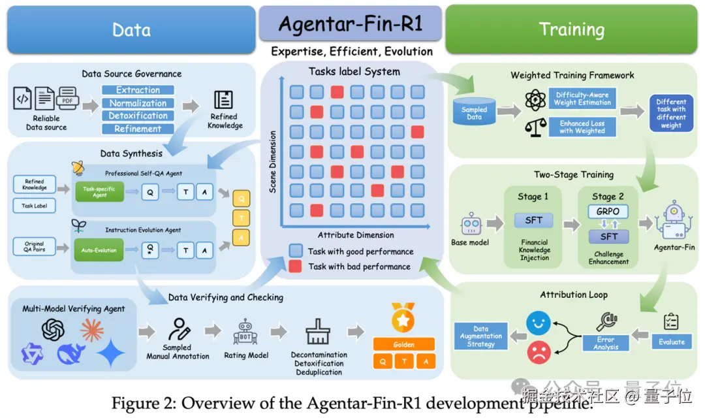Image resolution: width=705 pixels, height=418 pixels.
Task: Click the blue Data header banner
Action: [131, 29]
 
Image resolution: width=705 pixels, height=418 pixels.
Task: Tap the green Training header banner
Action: [571, 29]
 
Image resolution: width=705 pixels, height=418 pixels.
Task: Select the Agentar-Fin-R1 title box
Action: [350, 25]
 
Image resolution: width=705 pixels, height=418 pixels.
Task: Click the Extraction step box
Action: [138, 90]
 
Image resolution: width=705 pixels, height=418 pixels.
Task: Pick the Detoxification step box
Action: [138, 116]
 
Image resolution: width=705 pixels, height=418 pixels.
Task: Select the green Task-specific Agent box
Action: [99, 191]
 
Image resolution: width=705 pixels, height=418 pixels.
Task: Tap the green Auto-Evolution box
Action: [99, 249]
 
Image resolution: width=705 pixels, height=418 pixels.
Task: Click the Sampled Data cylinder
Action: [474, 112]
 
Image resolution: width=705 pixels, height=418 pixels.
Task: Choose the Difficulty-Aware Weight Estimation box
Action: [582, 99]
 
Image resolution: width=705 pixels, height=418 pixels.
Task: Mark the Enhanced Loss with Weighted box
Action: [582, 127]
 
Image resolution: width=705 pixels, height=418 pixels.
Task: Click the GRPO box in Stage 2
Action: [608, 212]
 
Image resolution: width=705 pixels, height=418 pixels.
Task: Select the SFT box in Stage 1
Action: [533, 220]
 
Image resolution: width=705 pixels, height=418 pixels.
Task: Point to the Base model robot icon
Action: [470, 225]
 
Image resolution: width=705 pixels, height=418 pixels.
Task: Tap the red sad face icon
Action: [539, 352]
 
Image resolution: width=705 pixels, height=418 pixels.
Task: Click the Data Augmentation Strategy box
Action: [480, 336]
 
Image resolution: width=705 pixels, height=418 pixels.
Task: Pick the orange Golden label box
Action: [403, 344]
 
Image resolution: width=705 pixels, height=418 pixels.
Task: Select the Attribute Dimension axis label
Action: [355, 235]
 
